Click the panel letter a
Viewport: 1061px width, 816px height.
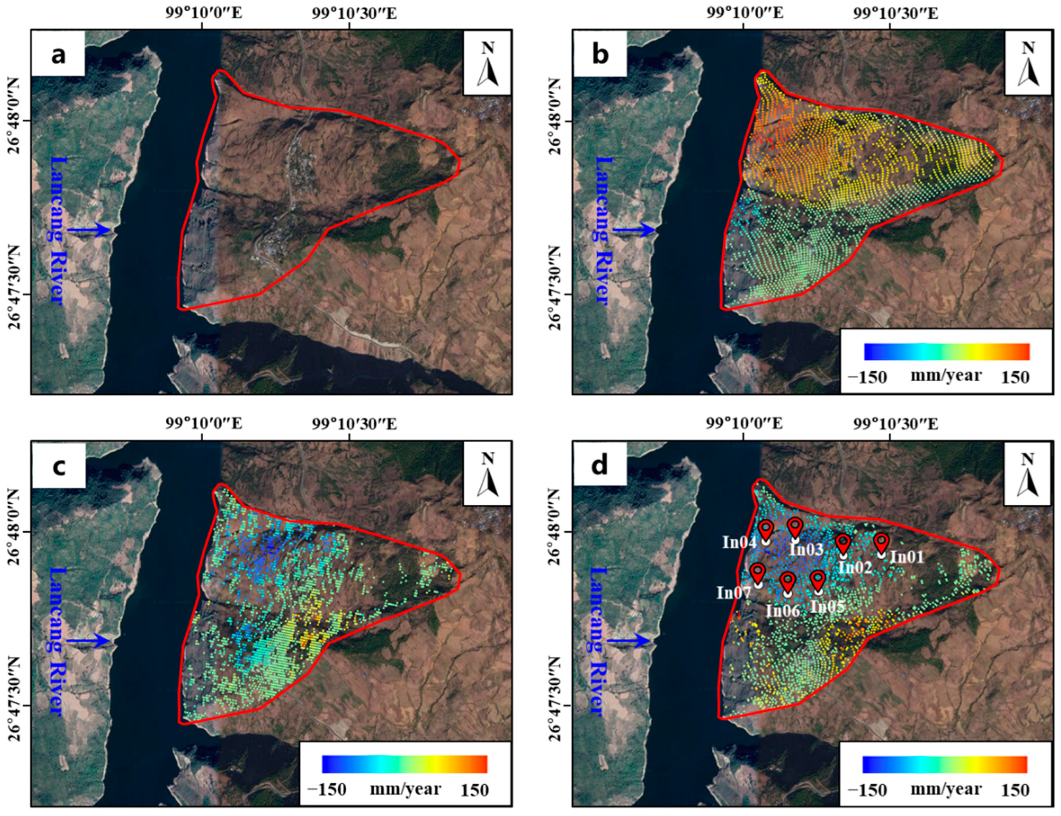pos(58,55)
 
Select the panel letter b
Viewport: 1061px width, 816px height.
pos(600,55)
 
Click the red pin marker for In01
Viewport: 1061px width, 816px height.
pos(881,542)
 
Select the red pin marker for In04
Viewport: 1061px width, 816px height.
pos(766,529)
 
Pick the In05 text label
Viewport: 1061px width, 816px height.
pos(828,606)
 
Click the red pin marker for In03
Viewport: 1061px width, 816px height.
pos(795,527)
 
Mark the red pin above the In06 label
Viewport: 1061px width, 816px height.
pos(787,581)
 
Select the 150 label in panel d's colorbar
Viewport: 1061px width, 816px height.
pos(1015,790)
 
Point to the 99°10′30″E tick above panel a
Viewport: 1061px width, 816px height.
pos(354,13)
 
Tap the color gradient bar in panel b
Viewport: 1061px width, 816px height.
pos(946,351)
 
